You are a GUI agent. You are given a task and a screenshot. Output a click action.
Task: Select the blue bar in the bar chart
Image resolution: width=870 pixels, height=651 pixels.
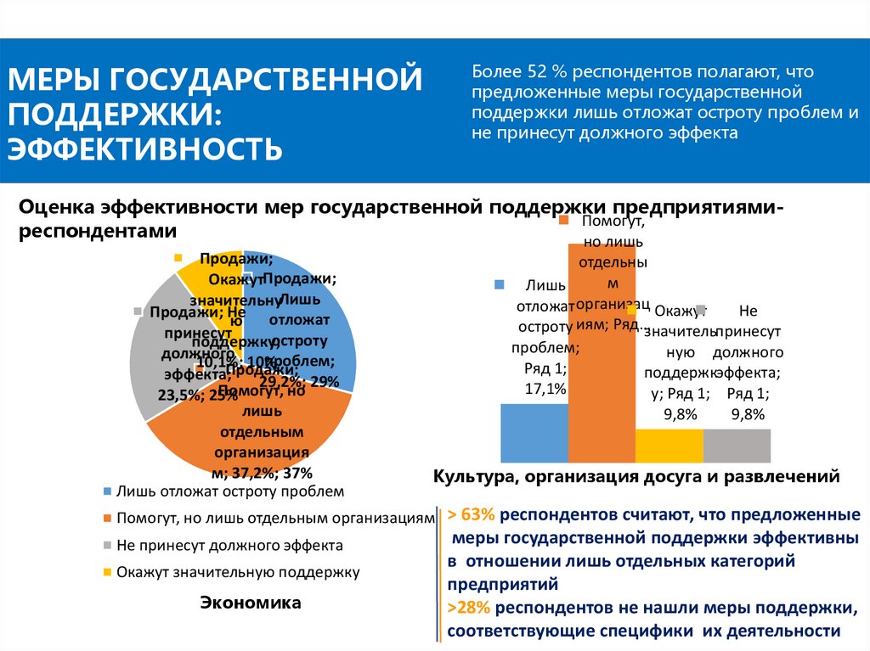(534, 433)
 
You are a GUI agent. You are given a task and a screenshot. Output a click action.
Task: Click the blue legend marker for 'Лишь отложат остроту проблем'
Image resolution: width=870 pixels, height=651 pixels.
(107, 491)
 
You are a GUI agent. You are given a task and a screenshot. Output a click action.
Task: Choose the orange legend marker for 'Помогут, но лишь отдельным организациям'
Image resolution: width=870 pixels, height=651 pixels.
(107, 518)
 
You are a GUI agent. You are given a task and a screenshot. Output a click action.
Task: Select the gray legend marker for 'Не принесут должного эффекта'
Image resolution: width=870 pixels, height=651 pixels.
(107, 545)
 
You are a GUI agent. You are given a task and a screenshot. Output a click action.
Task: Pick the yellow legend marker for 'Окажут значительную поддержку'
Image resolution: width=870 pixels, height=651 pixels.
(107, 572)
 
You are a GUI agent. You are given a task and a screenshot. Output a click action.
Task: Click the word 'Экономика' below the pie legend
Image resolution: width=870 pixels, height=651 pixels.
(251, 603)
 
